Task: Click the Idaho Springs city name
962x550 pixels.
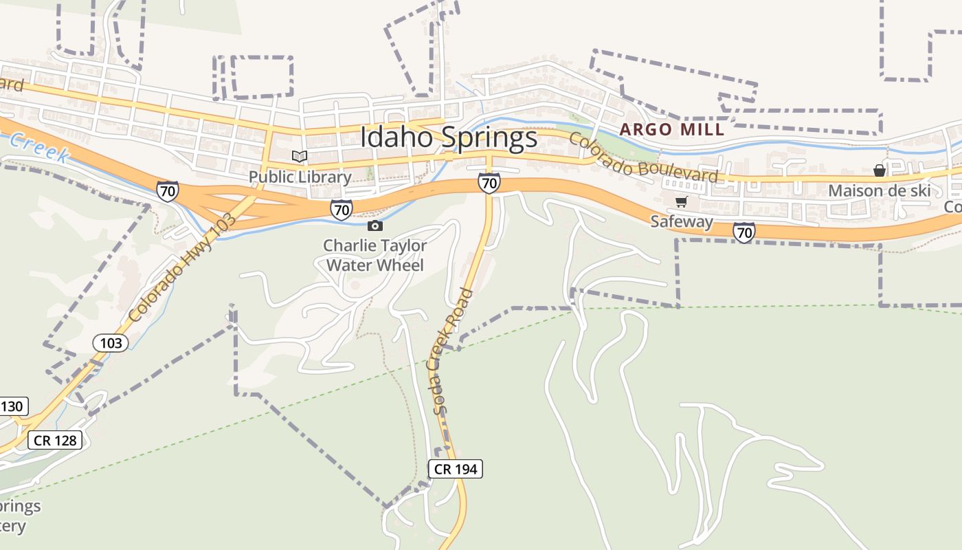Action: [449, 137]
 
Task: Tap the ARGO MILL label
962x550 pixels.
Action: [671, 129]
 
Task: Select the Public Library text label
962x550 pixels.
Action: [300, 177]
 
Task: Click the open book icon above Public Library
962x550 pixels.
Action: [299, 157]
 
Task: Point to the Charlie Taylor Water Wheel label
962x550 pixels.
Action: [375, 255]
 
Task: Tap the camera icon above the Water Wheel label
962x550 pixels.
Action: [374, 225]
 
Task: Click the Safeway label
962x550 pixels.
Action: [682, 221]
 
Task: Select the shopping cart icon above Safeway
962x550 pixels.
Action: [681, 202]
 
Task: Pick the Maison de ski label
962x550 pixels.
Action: [879, 190]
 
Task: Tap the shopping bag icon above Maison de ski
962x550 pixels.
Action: [879, 170]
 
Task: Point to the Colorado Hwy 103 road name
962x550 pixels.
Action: [182, 268]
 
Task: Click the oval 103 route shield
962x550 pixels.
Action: [111, 343]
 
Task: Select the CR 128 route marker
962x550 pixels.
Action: [55, 440]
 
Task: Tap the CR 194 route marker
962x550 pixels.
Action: [456, 470]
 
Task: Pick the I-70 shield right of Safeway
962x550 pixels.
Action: [743, 232]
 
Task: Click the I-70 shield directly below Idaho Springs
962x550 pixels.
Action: [489, 184]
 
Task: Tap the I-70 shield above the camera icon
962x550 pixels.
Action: [341, 209]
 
